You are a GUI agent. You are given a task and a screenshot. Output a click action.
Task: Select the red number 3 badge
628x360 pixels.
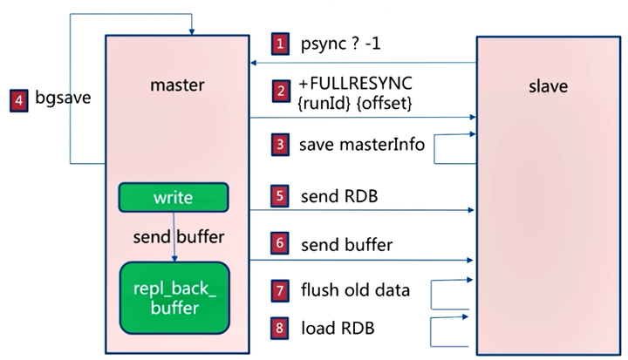(279, 145)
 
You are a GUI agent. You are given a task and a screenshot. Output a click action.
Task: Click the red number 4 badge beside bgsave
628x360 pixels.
(19, 100)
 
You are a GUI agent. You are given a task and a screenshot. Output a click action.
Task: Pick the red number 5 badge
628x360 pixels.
(279, 196)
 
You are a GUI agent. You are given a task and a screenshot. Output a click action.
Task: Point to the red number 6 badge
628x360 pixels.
(279, 245)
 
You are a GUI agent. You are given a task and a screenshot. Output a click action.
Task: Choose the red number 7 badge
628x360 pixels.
(279, 290)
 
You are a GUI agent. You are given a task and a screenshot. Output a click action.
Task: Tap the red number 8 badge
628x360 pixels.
(279, 329)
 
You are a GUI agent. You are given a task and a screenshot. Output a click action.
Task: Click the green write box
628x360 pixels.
(173, 198)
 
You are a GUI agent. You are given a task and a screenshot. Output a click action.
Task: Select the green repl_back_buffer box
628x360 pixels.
(174, 298)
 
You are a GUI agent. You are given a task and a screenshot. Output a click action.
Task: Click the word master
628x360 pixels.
(176, 85)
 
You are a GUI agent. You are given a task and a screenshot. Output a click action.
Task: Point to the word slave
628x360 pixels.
(549, 86)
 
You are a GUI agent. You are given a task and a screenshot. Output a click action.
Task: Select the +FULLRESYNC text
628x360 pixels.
(355, 82)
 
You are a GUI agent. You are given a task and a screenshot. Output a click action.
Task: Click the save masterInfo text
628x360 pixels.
(362, 145)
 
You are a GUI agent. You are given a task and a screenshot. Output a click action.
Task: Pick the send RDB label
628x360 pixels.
(338, 196)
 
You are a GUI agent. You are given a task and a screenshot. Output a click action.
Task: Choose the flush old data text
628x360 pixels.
(355, 290)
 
